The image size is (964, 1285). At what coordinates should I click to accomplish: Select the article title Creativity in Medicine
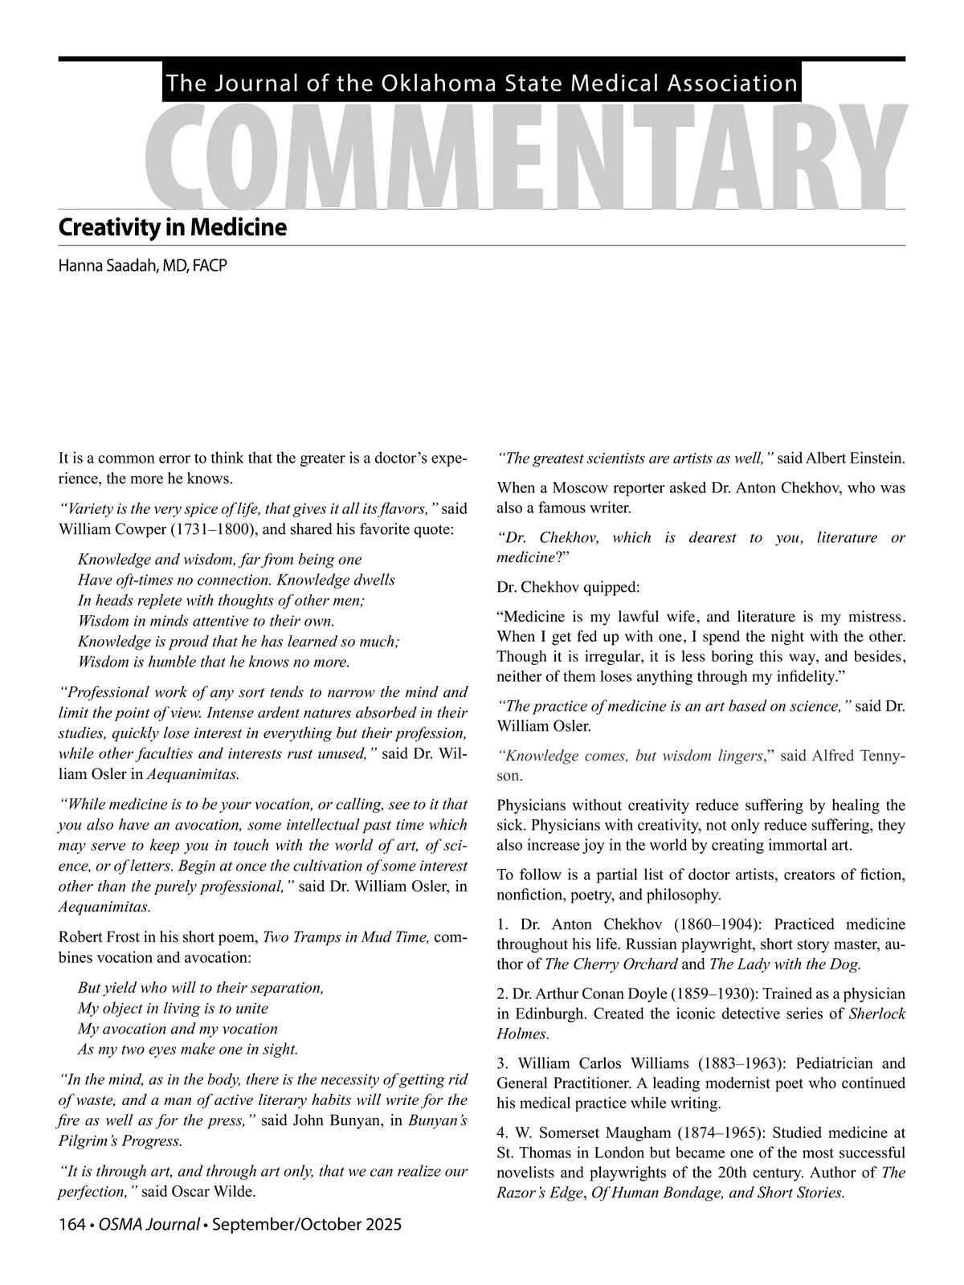click(x=172, y=227)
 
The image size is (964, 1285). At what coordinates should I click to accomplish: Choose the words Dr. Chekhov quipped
click(x=569, y=586)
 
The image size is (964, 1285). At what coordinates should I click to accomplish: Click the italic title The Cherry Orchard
click(x=611, y=964)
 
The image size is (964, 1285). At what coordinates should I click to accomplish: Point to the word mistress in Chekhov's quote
click(x=872, y=617)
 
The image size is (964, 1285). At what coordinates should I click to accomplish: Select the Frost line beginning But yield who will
click(x=201, y=987)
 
